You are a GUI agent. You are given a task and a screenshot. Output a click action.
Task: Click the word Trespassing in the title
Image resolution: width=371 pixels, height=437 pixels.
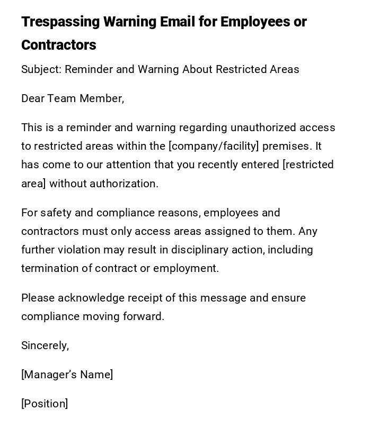60,22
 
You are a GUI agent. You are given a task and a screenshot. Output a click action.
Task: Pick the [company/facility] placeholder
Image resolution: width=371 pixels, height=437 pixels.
213,146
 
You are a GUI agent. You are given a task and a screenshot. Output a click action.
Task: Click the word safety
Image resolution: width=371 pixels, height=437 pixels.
56,213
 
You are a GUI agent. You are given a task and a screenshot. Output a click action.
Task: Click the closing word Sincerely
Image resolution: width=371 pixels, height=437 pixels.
45,345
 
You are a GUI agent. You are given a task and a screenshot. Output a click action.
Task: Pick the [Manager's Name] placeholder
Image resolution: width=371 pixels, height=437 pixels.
67,375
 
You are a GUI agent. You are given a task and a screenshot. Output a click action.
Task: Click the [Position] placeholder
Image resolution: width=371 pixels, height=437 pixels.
45,404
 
